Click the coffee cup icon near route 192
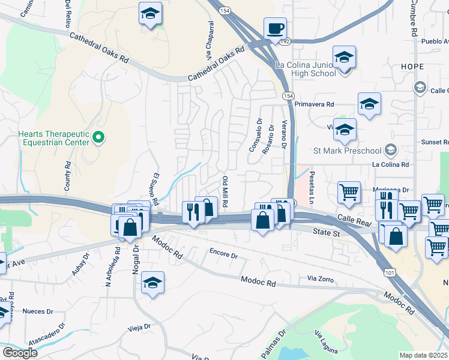coord(275,28)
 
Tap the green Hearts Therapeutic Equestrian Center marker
coord(99,139)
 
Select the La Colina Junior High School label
coord(306,69)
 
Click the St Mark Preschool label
coord(348,150)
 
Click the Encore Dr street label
coord(223,254)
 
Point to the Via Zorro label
coord(319,279)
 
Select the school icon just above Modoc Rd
coord(152,281)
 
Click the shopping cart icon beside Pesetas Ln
coord(349,193)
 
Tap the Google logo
coord(19,353)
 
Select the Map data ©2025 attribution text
coord(424,355)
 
